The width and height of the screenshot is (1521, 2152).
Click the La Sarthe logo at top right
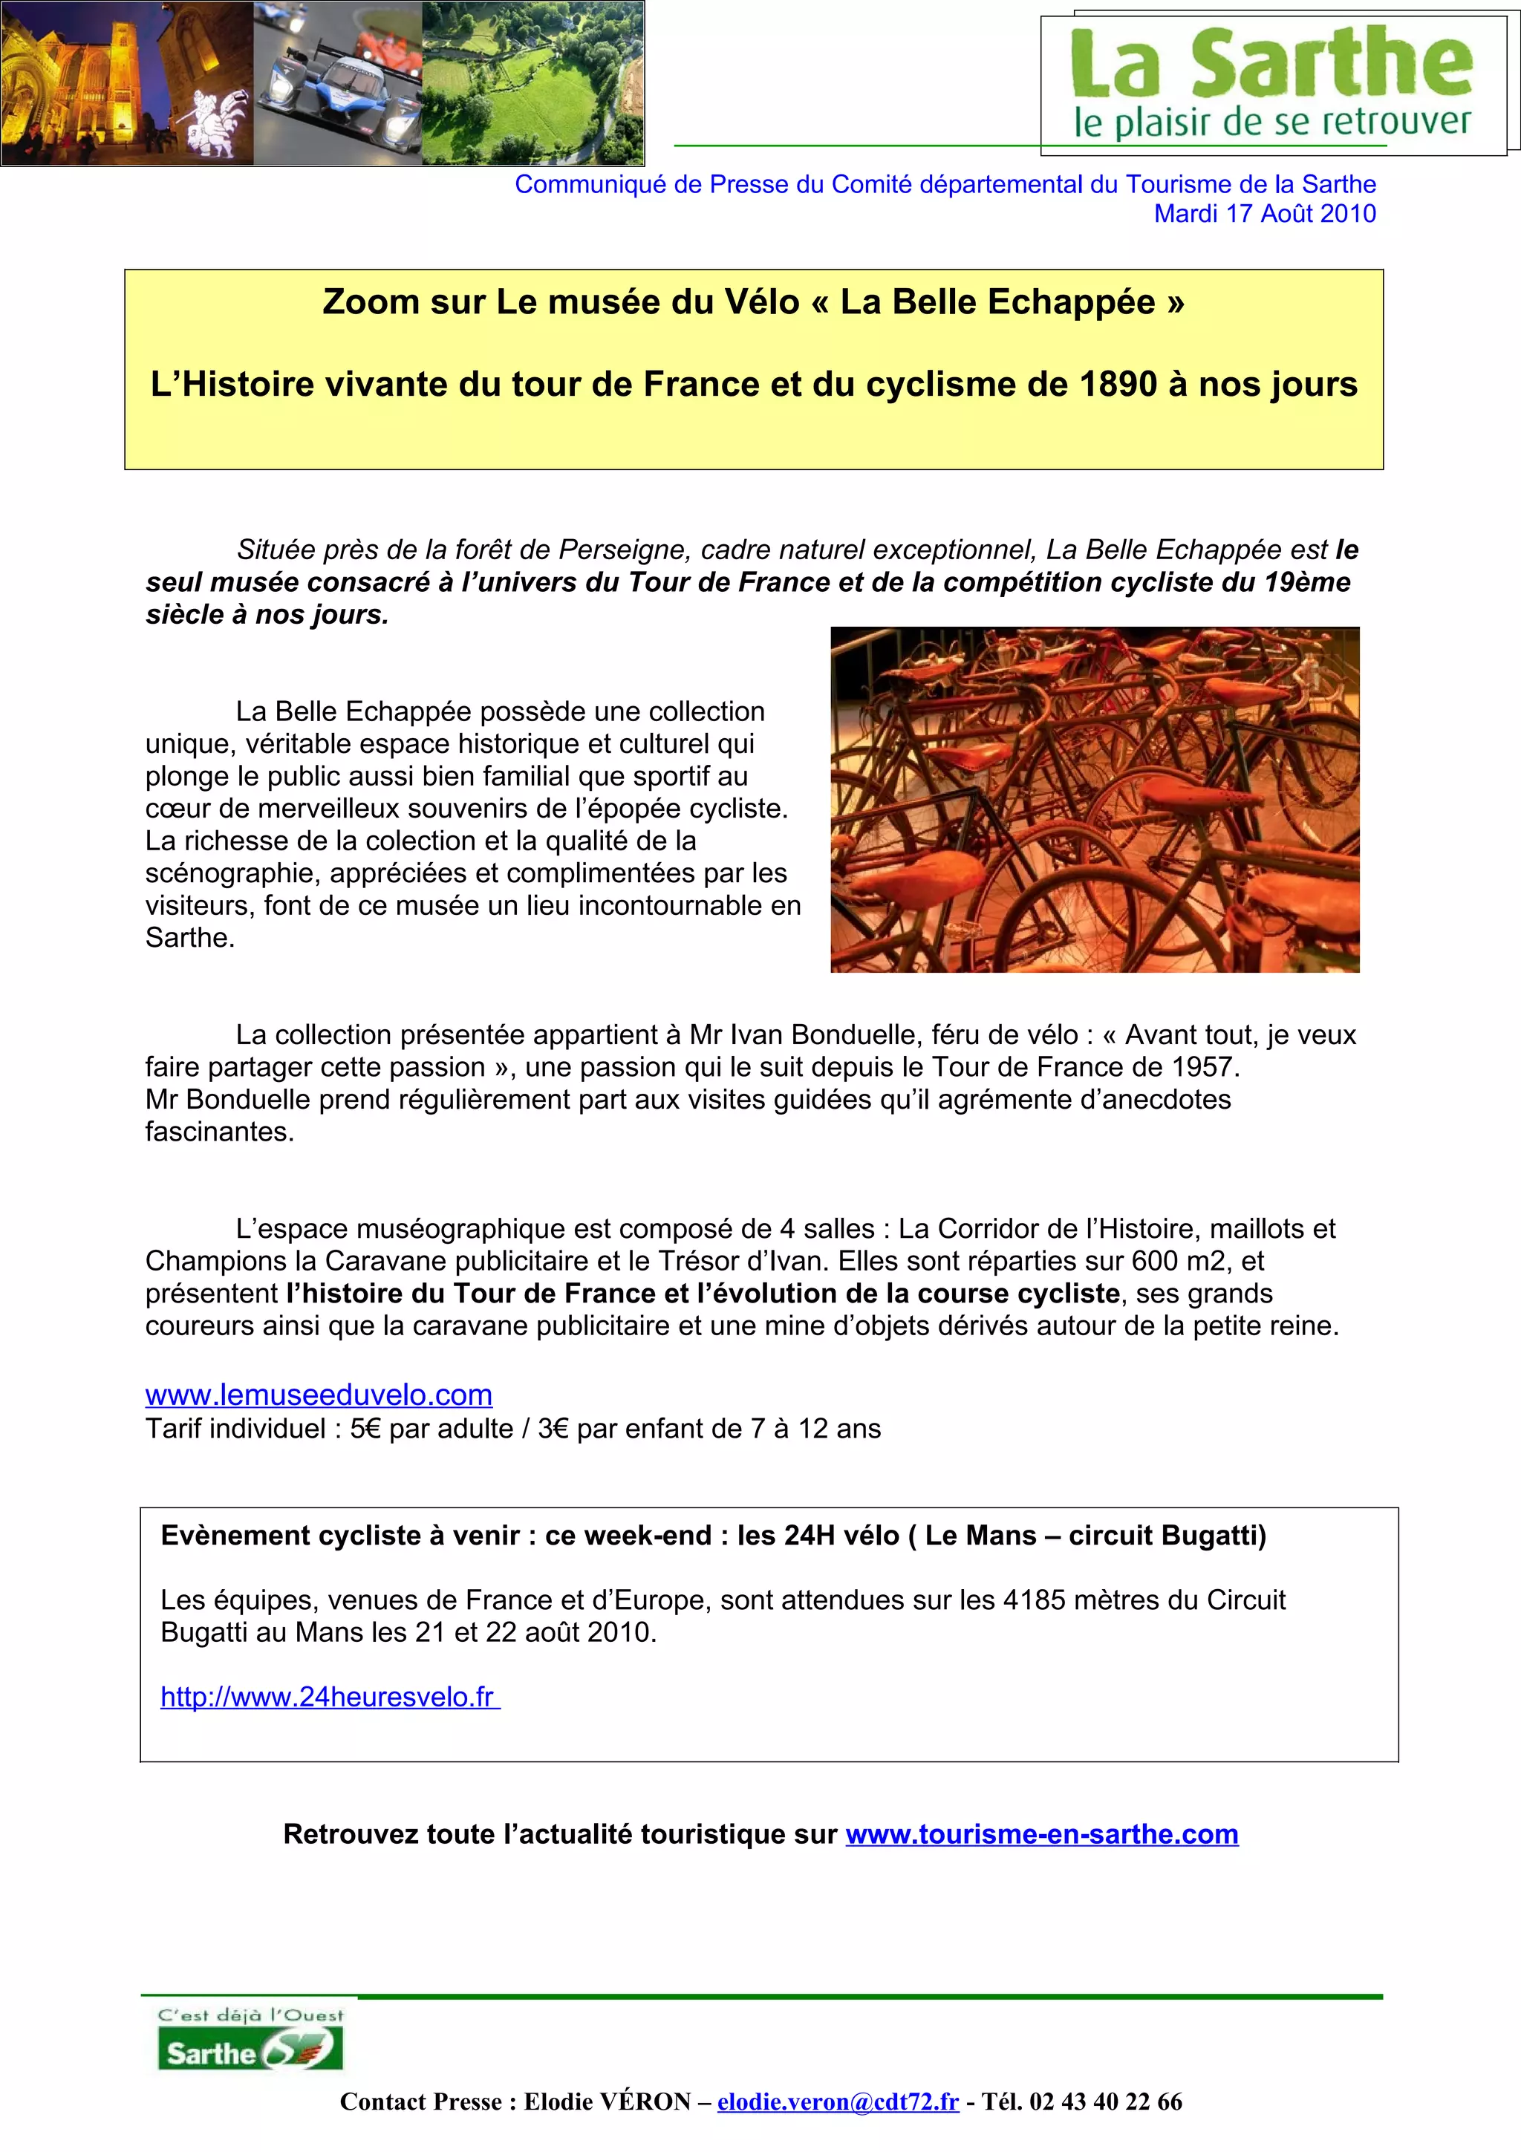[x=1273, y=82]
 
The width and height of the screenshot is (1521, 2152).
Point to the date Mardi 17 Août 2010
[x=1264, y=214]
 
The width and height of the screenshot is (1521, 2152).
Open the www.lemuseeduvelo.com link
[x=319, y=1395]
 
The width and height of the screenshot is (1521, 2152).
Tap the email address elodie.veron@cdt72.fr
[x=838, y=2102]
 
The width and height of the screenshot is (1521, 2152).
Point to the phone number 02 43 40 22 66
[x=1106, y=2102]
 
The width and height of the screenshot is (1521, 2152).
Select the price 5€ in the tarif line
[x=366, y=1429]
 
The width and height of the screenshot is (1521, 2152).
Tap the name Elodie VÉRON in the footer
[x=608, y=2102]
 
